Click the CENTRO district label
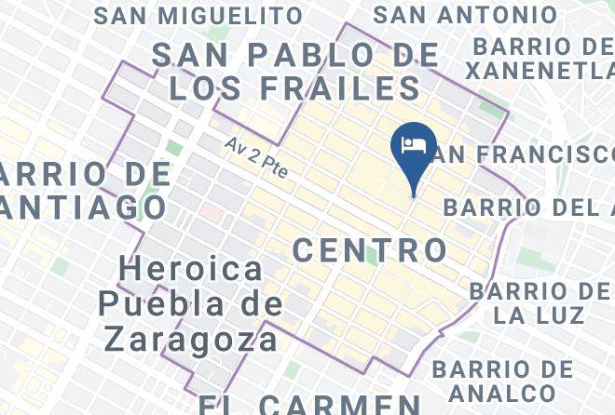tap(371, 249)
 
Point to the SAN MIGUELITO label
tap(198, 16)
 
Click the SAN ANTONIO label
tap(465, 16)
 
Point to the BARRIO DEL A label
tap(527, 207)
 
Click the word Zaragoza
tap(191, 338)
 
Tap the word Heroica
tap(192, 270)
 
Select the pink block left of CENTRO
tap(212, 212)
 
